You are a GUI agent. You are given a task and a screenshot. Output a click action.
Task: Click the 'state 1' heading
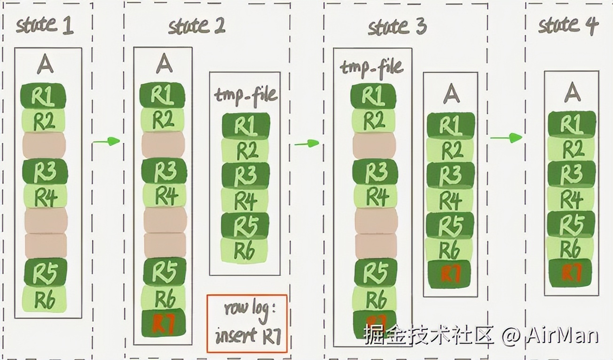[45, 25]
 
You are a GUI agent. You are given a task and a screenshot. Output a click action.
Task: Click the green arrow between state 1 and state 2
[107, 141]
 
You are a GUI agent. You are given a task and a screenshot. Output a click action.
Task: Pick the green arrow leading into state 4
[506, 137]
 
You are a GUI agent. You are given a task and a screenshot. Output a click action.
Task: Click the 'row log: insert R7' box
[247, 323]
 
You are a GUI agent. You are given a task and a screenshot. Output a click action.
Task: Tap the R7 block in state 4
[572, 272]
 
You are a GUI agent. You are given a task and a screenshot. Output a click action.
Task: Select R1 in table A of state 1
[43, 96]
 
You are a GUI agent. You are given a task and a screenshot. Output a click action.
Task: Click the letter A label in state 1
[45, 65]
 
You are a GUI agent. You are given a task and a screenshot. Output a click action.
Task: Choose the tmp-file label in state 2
[246, 94]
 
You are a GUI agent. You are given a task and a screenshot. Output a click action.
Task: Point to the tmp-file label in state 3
[371, 68]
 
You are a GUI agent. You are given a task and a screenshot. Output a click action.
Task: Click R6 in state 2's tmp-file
[245, 250]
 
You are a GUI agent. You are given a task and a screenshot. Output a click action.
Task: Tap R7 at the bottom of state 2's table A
[164, 323]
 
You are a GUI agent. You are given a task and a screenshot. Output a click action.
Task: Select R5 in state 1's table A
[45, 272]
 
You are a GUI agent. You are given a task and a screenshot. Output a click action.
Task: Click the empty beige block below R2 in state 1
[44, 145]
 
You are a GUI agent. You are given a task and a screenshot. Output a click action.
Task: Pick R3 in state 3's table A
[450, 175]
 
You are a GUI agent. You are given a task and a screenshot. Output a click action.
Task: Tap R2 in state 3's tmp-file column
[373, 121]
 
